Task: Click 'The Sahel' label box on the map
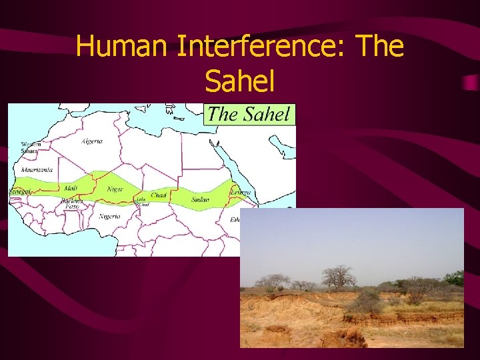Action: coord(249,114)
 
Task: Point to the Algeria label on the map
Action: coord(92,141)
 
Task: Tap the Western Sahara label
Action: coord(31,147)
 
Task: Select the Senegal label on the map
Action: coord(18,191)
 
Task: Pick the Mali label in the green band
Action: coord(71,189)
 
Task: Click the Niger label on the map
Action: coord(115,189)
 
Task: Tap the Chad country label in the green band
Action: coord(159,195)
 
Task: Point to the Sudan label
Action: coord(200,199)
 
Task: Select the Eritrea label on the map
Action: coord(241,192)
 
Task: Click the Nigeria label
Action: coord(110,217)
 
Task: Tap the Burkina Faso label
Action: coord(71,203)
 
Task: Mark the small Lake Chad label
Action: coord(141,202)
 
